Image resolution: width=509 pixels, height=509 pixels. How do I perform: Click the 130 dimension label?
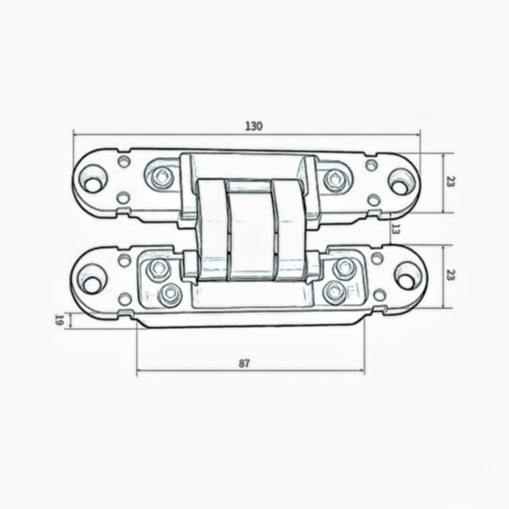pos(253,126)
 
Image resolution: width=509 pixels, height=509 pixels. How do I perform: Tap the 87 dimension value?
pos(244,363)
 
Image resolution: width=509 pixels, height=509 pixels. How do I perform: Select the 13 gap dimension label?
pos(396,229)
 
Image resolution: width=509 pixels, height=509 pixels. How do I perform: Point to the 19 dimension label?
pos(59,320)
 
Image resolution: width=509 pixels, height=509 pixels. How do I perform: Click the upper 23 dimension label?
pos(451,181)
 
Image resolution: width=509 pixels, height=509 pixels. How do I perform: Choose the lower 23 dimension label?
pos(451,275)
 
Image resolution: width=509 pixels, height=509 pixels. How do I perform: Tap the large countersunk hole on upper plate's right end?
pos(400,182)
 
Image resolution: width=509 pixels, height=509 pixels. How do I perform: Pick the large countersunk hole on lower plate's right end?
pos(407,276)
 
